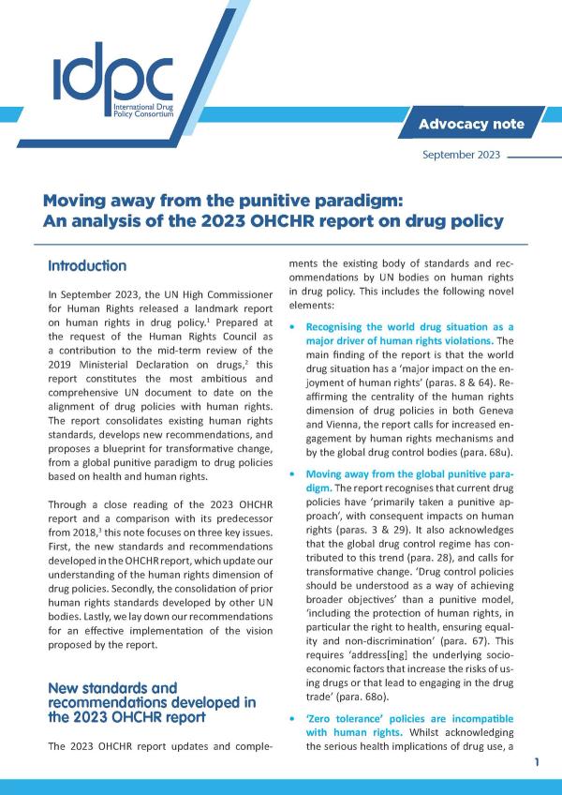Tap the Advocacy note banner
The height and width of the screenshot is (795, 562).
tap(471, 124)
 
